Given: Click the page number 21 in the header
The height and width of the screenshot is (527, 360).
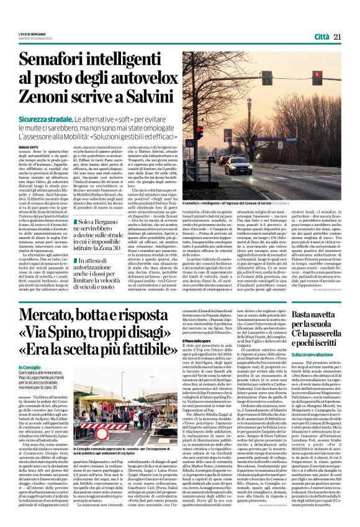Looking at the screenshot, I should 338,37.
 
